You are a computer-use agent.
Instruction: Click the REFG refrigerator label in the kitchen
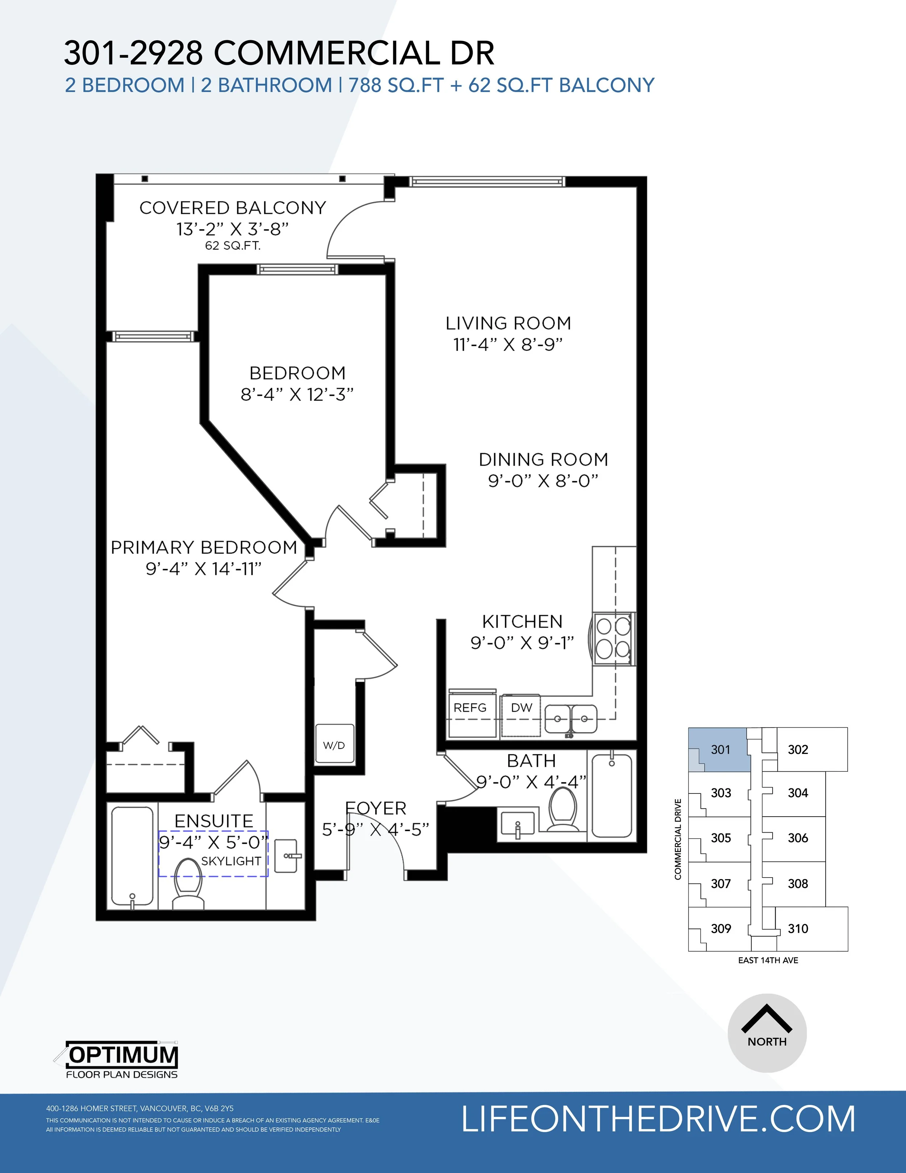(470, 708)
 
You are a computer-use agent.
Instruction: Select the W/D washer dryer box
(334, 743)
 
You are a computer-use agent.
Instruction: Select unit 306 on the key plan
(798, 838)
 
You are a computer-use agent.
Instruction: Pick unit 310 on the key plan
(798, 929)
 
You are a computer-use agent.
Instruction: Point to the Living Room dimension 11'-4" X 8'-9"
(508, 344)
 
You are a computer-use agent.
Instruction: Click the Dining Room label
(544, 460)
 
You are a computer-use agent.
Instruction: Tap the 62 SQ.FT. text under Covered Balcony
(233, 246)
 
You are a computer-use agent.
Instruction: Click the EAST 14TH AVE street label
(768, 960)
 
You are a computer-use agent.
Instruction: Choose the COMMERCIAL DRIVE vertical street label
(678, 839)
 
